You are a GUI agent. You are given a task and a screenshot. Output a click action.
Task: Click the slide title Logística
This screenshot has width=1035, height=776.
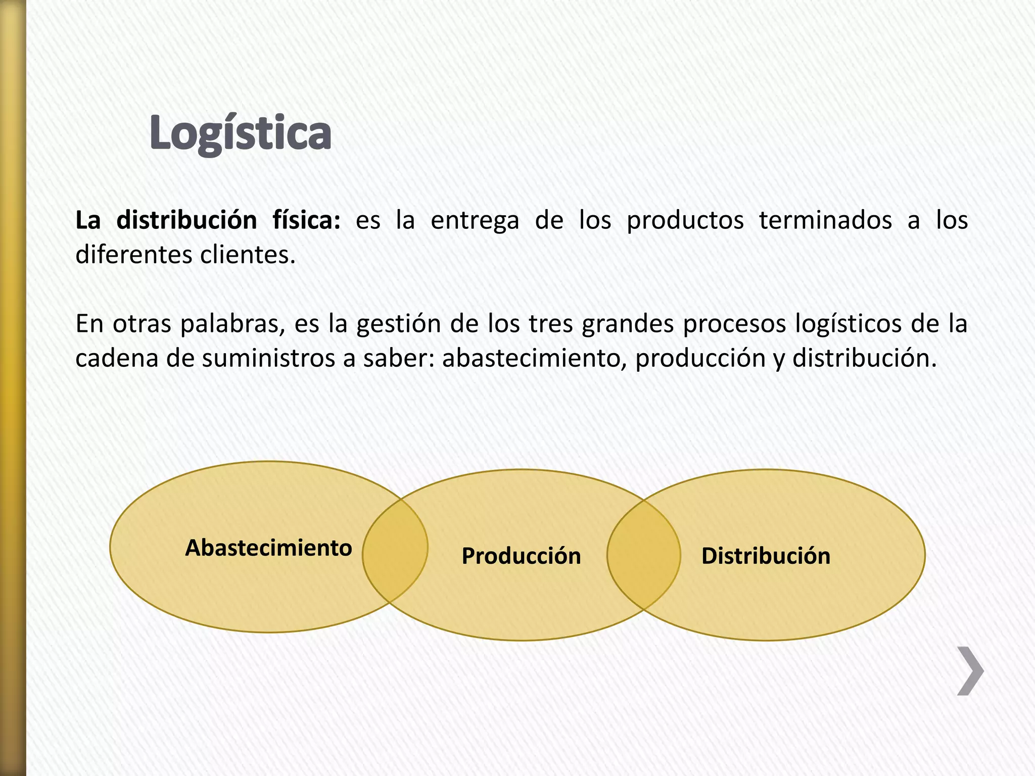[241, 133]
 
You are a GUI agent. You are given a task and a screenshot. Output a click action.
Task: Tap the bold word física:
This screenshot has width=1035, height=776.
[306, 221]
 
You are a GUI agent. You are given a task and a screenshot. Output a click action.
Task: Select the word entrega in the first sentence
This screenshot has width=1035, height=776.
[475, 221]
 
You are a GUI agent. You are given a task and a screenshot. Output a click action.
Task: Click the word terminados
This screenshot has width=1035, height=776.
[825, 221]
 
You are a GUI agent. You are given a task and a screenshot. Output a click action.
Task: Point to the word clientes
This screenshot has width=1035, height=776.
[248, 255]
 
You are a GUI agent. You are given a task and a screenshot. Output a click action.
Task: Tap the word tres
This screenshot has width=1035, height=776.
[550, 324]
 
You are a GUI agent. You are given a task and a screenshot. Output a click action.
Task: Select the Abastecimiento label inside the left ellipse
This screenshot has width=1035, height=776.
[268, 548]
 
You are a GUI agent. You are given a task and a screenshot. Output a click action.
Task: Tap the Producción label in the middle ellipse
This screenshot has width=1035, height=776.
[521, 556]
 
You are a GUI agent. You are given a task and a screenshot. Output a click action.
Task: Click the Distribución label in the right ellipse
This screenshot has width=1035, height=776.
[766, 556]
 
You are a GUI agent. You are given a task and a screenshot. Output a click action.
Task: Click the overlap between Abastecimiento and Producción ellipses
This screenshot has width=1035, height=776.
[395, 551]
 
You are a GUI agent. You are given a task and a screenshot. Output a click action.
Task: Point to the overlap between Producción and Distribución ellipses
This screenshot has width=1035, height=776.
[643, 555]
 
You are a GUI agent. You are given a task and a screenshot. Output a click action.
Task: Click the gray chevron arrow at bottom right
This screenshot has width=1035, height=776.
[970, 671]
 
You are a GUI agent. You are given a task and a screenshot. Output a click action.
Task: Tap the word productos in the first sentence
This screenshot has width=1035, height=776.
[685, 221]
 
